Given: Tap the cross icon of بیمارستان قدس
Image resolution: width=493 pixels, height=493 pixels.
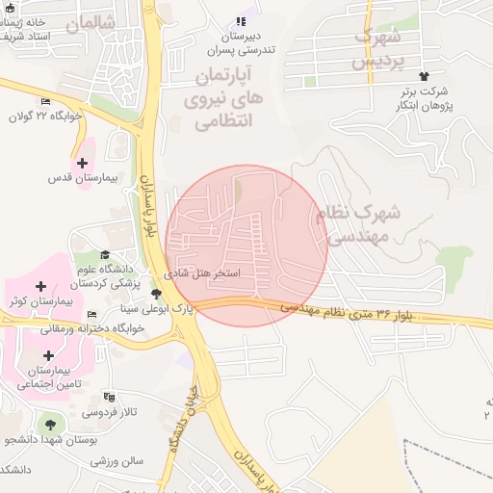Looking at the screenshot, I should [x=82, y=163].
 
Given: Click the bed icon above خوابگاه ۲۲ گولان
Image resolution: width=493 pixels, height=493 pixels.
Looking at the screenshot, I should [x=46, y=101].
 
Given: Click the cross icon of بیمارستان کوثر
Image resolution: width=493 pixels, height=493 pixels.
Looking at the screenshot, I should [x=40, y=286].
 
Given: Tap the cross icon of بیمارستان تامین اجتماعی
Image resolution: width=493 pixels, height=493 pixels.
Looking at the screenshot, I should [x=48, y=355].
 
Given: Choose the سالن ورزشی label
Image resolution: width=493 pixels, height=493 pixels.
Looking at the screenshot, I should [x=117, y=460].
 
